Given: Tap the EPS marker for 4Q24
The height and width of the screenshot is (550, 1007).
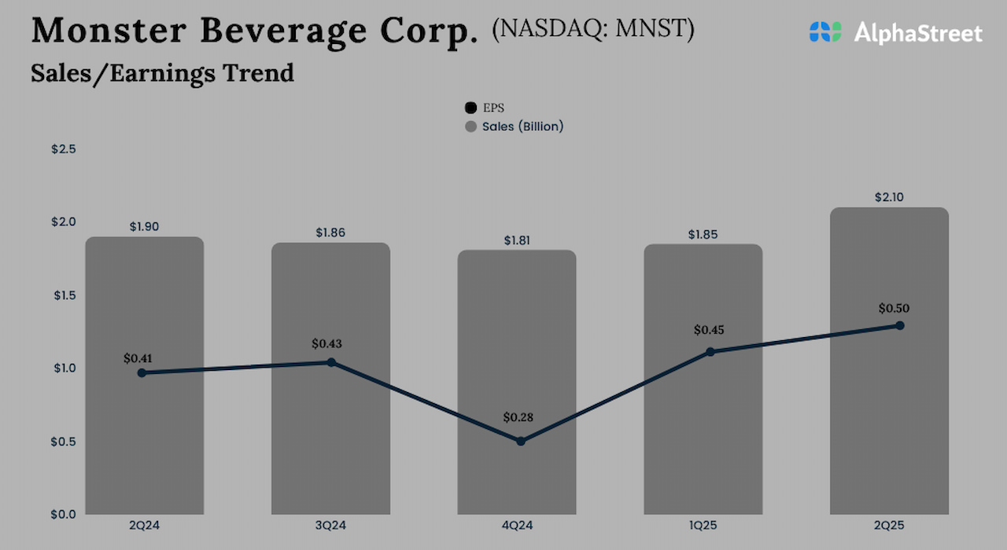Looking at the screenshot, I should pos(521,442).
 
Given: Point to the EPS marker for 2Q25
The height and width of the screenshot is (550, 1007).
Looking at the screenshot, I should pos(900,325).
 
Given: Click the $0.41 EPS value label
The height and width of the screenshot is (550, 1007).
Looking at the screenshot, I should pos(138,358).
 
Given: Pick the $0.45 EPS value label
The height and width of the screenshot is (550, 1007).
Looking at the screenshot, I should pos(709,330).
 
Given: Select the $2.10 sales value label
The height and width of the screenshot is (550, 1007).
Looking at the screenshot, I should pos(889,198).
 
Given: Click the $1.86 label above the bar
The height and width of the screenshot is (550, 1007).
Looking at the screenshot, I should pos(330,233).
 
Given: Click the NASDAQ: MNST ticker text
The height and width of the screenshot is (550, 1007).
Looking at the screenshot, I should pos(593,29).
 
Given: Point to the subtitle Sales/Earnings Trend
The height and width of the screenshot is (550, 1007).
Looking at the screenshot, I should pos(163,73).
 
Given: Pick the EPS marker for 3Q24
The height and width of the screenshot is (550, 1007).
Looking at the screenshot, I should pos(331,362).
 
